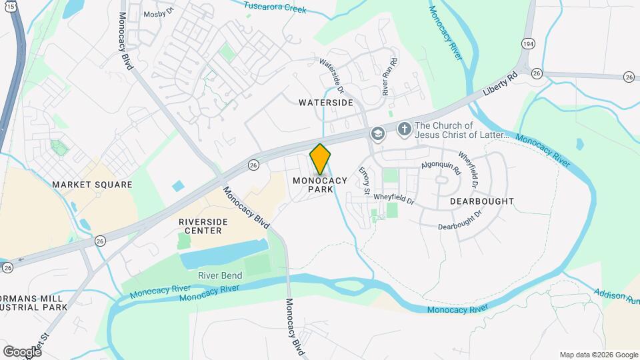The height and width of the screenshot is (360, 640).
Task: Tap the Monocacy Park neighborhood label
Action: [320, 185]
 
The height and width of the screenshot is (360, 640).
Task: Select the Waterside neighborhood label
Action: [325, 103]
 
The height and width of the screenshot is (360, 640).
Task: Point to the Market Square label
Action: [92, 184]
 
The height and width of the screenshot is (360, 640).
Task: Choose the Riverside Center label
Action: [200, 226]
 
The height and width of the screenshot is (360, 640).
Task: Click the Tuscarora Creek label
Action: [275, 8]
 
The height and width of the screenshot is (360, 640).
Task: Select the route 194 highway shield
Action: [528, 43]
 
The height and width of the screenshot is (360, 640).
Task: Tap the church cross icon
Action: [403, 128]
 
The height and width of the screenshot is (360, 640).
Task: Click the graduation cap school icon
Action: [378, 134]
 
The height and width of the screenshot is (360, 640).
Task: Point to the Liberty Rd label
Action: [501, 86]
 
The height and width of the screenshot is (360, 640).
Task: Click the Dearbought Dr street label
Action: [460, 221]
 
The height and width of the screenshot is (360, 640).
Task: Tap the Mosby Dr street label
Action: [158, 13]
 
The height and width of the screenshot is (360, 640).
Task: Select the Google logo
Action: [22, 351]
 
